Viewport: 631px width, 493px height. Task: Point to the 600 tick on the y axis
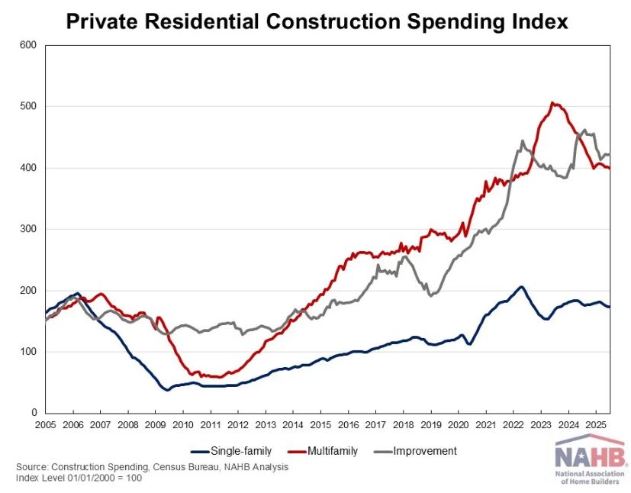(29, 45)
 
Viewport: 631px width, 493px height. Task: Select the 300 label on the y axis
(29, 229)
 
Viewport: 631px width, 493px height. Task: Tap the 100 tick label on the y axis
(29, 352)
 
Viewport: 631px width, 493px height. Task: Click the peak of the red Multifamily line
(552, 103)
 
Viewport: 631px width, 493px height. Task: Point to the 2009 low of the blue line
(168, 390)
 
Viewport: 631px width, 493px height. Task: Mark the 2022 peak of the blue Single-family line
(521, 287)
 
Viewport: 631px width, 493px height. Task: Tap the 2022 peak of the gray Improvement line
(523, 141)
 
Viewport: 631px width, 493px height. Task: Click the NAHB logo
(591, 462)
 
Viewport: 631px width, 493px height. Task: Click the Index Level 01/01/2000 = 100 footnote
(79, 478)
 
